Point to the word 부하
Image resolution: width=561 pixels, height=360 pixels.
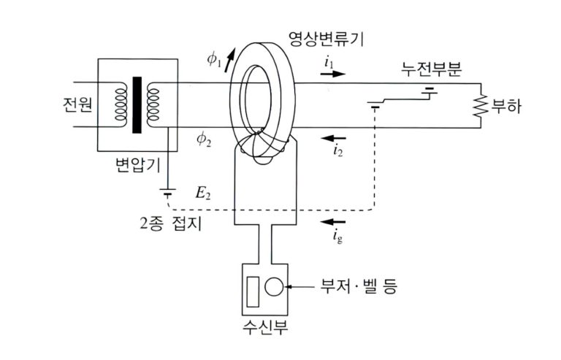click(507, 107)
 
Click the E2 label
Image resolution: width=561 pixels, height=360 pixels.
click(203, 194)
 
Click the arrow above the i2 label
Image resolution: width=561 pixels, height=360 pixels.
click(335, 137)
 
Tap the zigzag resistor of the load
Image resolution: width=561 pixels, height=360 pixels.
click(481, 107)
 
